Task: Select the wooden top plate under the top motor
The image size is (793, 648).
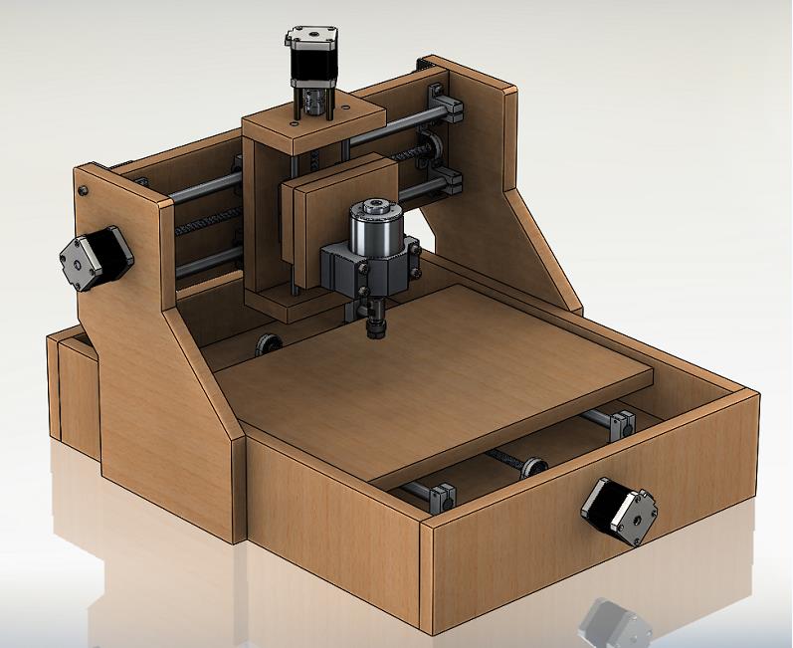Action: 313,124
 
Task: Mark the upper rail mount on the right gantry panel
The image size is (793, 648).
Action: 444,103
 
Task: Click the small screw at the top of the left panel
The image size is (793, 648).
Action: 84,189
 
